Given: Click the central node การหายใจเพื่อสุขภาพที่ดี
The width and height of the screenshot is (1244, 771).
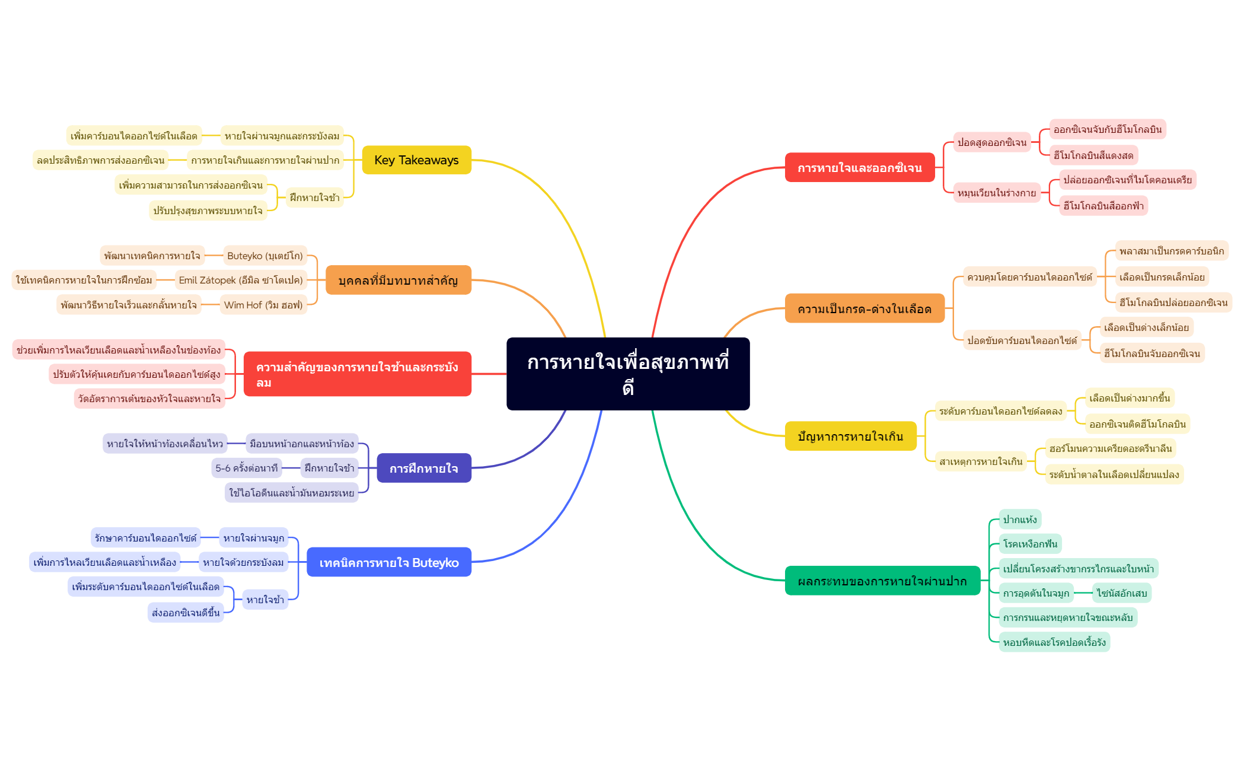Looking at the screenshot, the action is click(x=628, y=374).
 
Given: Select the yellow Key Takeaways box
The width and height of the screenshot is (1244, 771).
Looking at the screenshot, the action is click(x=416, y=160).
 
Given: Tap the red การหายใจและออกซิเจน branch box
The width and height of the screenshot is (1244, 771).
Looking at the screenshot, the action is click(x=859, y=168).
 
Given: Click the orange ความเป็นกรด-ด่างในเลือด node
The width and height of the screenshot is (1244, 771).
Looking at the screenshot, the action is click(x=865, y=308).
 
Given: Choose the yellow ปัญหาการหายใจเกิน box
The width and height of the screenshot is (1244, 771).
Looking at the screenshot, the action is click(x=850, y=437).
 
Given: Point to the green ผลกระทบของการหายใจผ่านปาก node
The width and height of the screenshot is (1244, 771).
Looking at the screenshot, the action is click(x=882, y=581).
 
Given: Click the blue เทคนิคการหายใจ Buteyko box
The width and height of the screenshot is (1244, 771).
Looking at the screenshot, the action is click(x=389, y=562).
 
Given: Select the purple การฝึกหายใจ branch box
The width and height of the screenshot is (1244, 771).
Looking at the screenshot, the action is click(x=424, y=469).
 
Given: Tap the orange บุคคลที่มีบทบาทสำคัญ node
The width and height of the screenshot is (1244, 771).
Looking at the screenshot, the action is click(x=398, y=281).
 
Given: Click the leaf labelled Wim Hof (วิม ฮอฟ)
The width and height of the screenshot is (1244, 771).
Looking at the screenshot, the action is click(x=263, y=305).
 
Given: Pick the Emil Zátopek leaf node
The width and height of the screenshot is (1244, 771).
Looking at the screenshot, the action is click(x=241, y=280).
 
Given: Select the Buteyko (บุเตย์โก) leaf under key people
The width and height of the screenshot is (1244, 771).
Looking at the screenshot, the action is click(x=265, y=256).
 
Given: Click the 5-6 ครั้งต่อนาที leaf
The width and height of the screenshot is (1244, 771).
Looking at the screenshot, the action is click(x=247, y=468).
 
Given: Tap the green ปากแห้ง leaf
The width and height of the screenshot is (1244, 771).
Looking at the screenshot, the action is click(x=1020, y=520).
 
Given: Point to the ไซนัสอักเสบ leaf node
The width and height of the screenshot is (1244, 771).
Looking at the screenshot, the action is click(x=1122, y=593).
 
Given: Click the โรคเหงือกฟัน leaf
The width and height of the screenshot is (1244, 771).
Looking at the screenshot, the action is click(x=1030, y=544).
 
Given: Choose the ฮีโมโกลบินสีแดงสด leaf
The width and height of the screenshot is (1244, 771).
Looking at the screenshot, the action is click(x=1093, y=155).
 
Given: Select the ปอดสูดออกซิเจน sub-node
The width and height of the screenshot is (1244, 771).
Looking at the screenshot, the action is click(x=992, y=142).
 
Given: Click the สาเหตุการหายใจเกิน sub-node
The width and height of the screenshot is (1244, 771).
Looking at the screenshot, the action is click(x=981, y=461).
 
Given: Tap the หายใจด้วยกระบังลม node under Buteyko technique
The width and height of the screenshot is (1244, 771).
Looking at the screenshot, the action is click(x=243, y=562).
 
